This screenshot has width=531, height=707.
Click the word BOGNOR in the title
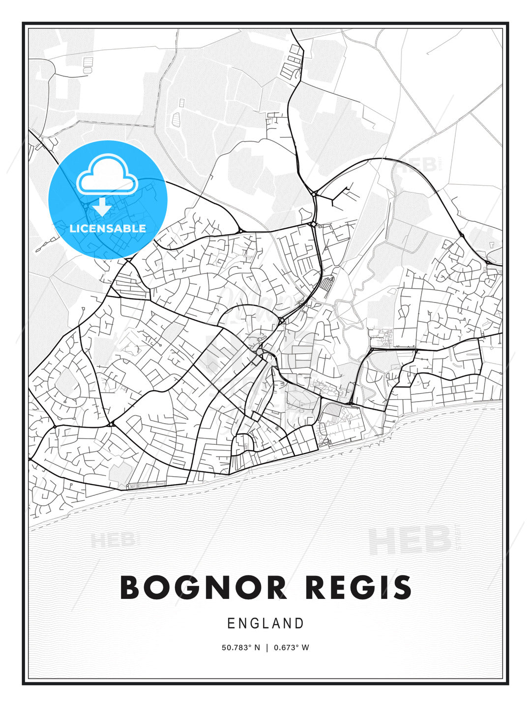pos(203,588)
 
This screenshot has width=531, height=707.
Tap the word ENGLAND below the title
pos(265,624)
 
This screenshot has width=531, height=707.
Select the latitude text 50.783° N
pos(240,648)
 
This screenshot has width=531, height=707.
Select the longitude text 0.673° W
pos(291,648)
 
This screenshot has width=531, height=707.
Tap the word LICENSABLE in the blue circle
pos(108,228)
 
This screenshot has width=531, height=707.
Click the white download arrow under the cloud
pos(102,207)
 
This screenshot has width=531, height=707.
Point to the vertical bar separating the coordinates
pos(267,648)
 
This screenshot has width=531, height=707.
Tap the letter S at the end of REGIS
pos(402,588)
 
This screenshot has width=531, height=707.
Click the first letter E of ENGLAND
pos(231,624)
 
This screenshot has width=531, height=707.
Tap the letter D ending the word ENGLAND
pos(299,624)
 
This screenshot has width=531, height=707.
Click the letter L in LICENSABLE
pos(73,228)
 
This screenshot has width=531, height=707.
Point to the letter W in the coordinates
pos(305,648)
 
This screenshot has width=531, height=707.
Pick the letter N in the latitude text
pos(257,648)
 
